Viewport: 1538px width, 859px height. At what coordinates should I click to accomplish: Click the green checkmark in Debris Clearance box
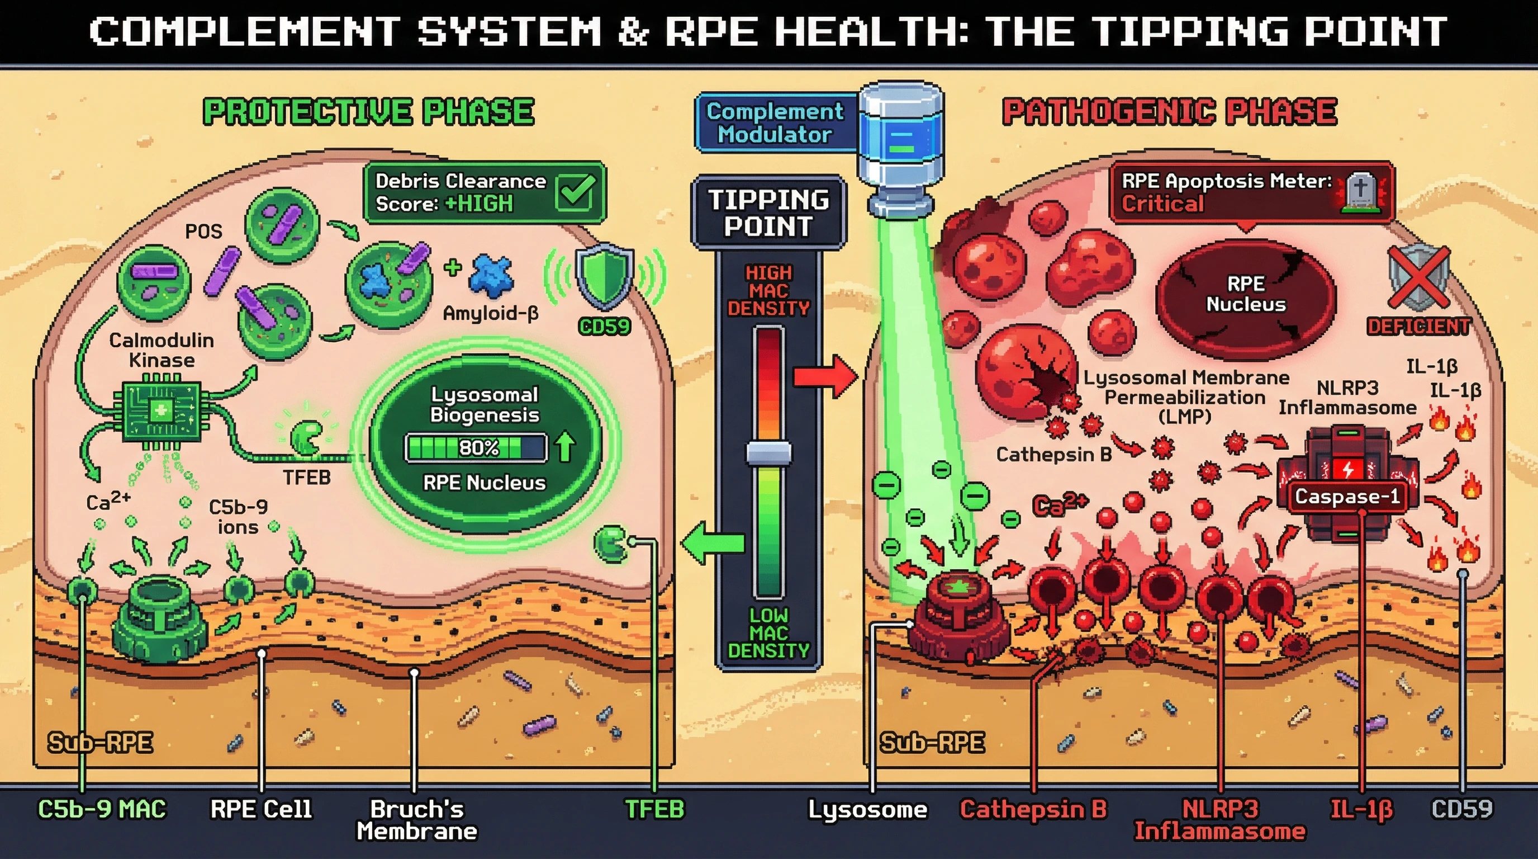[x=575, y=192]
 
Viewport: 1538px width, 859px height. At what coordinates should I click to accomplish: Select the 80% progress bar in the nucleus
[x=476, y=448]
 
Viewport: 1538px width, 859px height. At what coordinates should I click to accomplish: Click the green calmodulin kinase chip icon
[x=161, y=412]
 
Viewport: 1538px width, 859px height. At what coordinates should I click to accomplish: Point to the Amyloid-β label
[x=490, y=313]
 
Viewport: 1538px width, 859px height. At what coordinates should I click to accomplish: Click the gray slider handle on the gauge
[x=768, y=454]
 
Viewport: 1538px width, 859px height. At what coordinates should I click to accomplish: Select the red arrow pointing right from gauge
[x=824, y=377]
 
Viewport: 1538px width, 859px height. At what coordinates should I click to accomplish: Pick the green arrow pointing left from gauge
[x=714, y=542]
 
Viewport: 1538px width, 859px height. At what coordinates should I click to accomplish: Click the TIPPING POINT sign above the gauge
[x=768, y=213]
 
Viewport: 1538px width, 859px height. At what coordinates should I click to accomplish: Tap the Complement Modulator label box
[x=775, y=122]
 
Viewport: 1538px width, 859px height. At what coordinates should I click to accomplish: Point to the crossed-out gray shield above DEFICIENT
[x=1418, y=278]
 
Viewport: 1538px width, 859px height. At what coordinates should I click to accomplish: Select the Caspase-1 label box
[x=1347, y=497]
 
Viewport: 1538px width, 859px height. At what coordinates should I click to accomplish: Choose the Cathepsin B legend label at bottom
[x=1033, y=809]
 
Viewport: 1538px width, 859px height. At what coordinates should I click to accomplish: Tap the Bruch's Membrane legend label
[x=416, y=820]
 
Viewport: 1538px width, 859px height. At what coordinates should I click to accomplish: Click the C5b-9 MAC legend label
[x=102, y=809]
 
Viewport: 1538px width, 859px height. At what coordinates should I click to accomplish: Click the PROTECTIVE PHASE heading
[x=368, y=112]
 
